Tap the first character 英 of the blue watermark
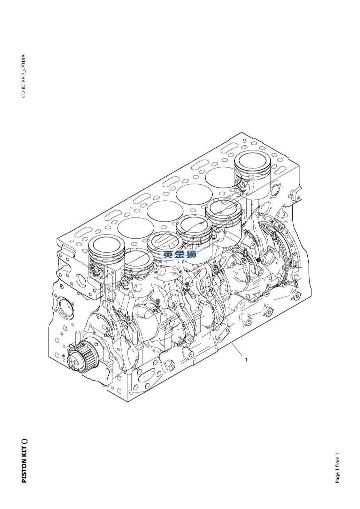pyautogui.click(x=168, y=255)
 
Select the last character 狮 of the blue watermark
pyautogui.click(x=192, y=255)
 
